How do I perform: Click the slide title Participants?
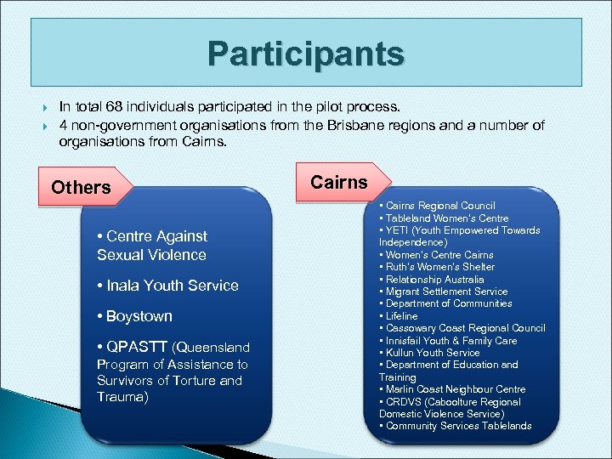coord(306,54)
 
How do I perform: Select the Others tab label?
coord(81,187)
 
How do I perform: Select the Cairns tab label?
coord(339,182)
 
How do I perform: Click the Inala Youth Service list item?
coord(167,286)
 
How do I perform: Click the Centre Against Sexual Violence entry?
coord(152,245)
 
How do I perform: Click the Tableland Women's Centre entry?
coord(447,218)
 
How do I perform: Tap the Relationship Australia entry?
coord(434,280)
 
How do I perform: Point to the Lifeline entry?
coord(402,316)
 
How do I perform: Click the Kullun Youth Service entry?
coord(433,353)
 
